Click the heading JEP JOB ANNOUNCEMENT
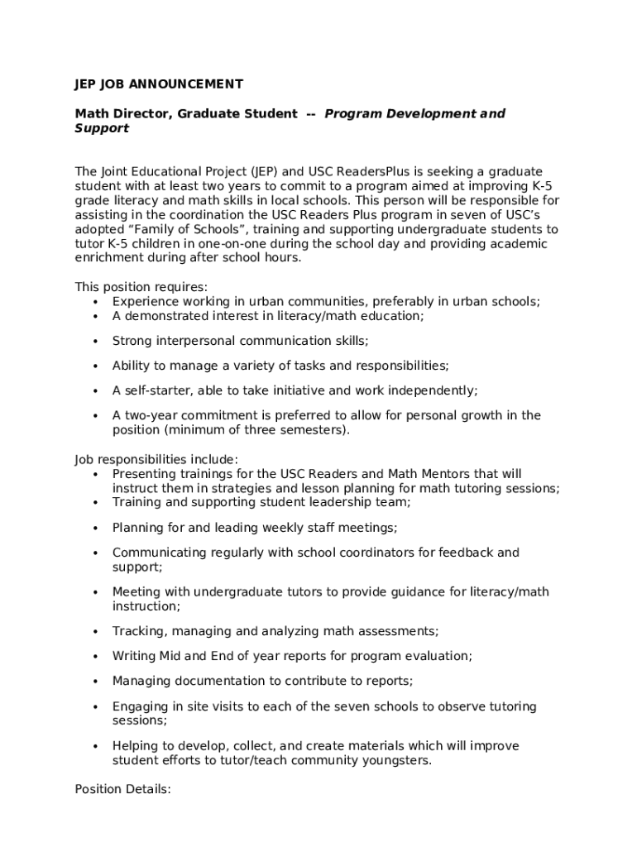[159, 84]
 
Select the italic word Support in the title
[102, 128]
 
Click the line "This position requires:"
[141, 287]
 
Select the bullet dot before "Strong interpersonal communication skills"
[96, 342]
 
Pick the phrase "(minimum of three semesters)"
[231, 430]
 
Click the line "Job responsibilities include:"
[156, 459]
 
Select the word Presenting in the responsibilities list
[142, 474]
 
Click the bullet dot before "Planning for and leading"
[96, 528]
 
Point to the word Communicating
[156, 552]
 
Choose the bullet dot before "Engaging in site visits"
[96, 707]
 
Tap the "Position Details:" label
[122, 789]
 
